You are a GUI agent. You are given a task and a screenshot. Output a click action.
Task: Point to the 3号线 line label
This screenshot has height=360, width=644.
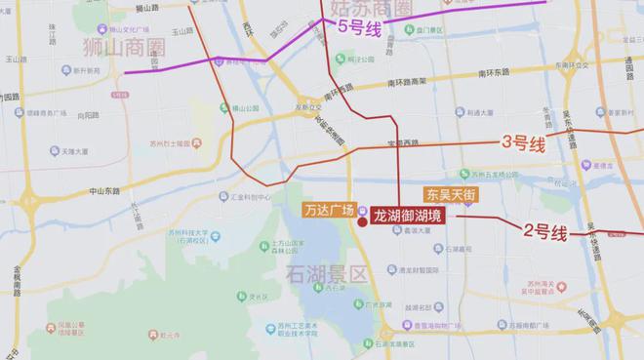click(x=523, y=143)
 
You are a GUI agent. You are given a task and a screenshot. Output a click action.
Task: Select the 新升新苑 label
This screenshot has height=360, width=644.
click(x=68, y=70)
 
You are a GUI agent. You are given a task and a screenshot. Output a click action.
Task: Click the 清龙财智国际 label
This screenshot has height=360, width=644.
click(x=438, y=270)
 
